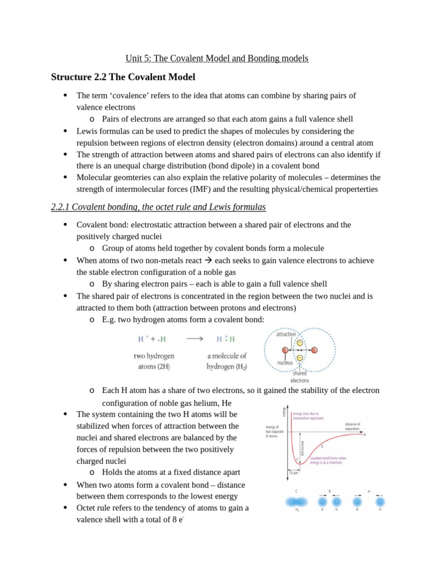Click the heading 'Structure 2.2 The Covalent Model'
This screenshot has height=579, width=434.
coord(123,77)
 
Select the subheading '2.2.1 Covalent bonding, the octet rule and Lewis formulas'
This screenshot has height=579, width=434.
coord(158,208)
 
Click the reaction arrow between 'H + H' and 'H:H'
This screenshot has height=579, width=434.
coord(194,339)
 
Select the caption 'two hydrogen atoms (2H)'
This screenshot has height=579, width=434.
coord(154,361)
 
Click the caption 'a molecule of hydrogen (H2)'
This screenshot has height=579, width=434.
coord(227,361)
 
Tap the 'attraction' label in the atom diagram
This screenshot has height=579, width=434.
coord(286,334)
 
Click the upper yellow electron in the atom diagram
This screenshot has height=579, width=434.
coord(300,343)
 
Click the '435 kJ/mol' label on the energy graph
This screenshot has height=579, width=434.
coord(303,447)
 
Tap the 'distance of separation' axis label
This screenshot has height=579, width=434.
coord(352,426)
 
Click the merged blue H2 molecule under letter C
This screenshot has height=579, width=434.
coord(297,501)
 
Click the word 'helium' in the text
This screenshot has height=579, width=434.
coord(203,403)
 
